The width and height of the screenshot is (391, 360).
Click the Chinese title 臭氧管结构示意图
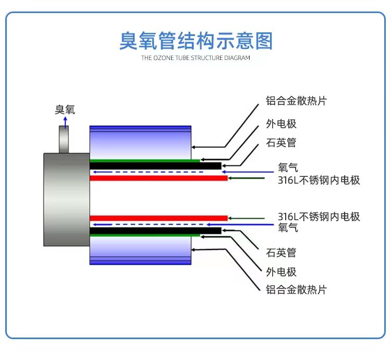(x=196, y=41)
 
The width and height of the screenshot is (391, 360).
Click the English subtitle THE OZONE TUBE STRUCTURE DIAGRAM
(x=195, y=58)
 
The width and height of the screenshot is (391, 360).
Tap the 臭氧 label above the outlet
(x=65, y=110)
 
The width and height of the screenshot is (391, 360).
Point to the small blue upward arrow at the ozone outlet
(x=65, y=123)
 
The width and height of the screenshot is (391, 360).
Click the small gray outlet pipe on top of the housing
(x=64, y=139)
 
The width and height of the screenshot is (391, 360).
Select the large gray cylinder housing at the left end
(x=67, y=200)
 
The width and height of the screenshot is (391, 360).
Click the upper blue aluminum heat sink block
(x=140, y=142)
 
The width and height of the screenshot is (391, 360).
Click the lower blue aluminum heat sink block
(x=140, y=250)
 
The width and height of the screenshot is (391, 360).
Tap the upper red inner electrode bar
(x=158, y=178)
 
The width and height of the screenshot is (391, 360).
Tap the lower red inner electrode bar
(x=158, y=218)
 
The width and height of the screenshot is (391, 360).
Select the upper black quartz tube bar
(x=155, y=166)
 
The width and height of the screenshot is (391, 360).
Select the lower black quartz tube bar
(x=155, y=231)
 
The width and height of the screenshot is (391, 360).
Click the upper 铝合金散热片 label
(x=296, y=101)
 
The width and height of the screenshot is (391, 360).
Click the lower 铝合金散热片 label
(x=296, y=290)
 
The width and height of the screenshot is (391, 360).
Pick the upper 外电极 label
(x=281, y=124)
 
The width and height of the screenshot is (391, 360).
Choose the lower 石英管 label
(x=281, y=253)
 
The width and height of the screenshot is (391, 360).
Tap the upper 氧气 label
(x=288, y=167)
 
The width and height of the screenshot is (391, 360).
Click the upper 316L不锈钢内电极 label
(x=319, y=180)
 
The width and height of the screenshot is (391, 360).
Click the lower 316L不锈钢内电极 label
(x=319, y=217)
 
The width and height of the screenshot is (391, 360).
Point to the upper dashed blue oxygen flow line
(x=148, y=172)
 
